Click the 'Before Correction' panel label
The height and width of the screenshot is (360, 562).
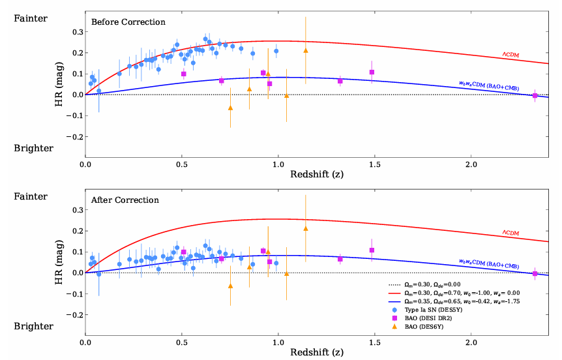pyautogui.click(x=128, y=22)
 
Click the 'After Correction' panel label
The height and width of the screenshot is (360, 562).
pyautogui.click(x=125, y=201)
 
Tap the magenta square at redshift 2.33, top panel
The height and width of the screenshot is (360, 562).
pyautogui.click(x=535, y=95)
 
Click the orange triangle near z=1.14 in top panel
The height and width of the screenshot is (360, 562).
pyautogui.click(x=306, y=50)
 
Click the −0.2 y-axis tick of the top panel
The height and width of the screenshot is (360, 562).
pyautogui.click(x=76, y=137)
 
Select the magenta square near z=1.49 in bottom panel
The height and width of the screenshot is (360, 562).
pyautogui.click(x=372, y=250)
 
